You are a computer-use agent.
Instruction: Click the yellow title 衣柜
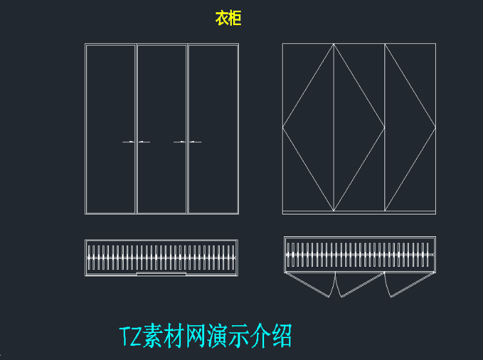pos(228,18)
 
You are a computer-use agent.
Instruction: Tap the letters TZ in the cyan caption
pos(130,336)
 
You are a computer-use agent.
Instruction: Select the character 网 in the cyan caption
pos(195,336)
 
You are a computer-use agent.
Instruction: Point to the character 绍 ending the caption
pos(282,336)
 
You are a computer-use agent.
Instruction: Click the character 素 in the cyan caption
pos(153,336)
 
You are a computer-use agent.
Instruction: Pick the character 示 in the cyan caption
pos(238,336)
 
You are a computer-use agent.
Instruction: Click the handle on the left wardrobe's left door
pos(128,142)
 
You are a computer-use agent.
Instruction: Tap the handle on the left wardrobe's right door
pos(195,142)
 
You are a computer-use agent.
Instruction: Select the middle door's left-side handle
pos(144,142)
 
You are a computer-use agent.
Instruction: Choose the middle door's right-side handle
pos(180,142)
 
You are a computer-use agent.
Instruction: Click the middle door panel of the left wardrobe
pos(162,129)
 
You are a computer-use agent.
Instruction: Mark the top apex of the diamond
pos(334,44)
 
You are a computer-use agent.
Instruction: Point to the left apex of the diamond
pos(283,127)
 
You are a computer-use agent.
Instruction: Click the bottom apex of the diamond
pos(334,211)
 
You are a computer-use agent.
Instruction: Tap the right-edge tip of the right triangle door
pos(435,127)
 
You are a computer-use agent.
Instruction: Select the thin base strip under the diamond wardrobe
pos(359,213)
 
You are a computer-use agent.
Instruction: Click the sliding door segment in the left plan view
pos(162,274)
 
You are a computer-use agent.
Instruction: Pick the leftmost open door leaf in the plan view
pos(310,285)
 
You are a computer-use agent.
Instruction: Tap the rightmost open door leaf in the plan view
pos(410,285)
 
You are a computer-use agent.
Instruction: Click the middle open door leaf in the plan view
pos(359,285)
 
